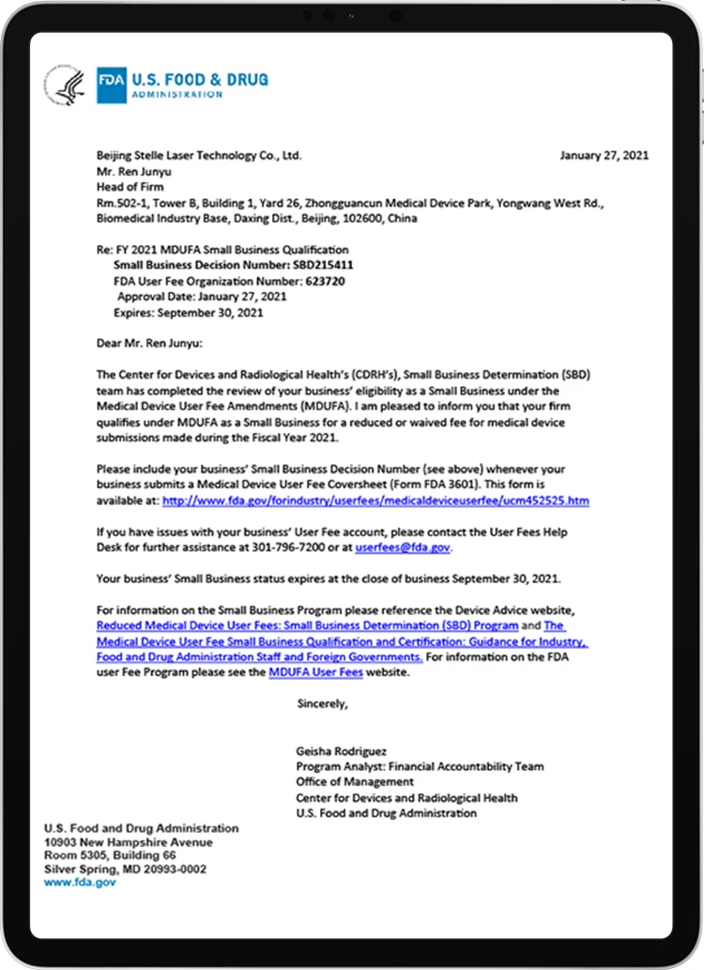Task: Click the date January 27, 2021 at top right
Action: [604, 156]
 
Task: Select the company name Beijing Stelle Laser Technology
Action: [198, 156]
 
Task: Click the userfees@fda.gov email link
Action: [403, 547]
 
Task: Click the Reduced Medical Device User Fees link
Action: [307, 625]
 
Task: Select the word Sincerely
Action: [322, 703]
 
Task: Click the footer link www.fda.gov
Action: [80, 883]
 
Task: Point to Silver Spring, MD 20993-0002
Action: [125, 870]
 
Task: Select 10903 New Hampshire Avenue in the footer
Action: [128, 842]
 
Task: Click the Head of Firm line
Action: [130, 187]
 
